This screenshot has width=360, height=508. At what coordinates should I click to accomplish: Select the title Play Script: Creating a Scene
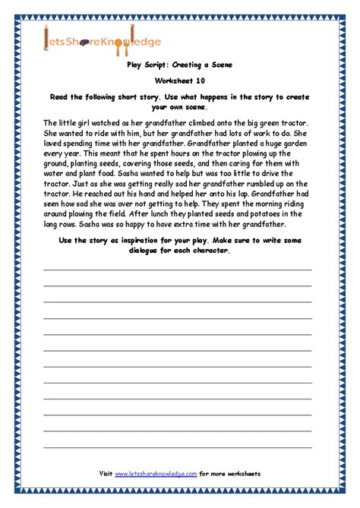coord(179,66)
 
